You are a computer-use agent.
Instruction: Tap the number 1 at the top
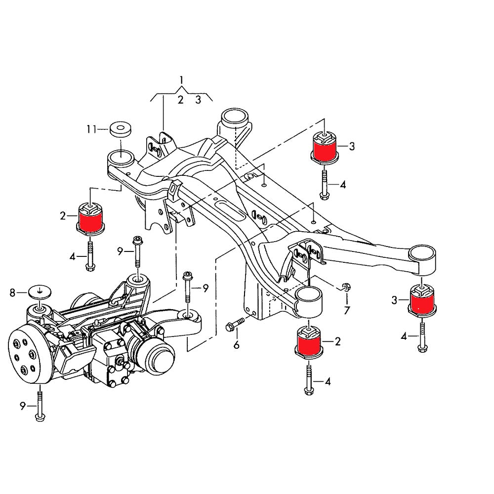tap(181, 80)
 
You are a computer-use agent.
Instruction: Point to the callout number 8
tap(13, 293)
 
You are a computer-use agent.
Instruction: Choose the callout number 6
tap(236, 345)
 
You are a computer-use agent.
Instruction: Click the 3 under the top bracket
tap(198, 100)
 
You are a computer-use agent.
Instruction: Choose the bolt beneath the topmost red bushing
tap(324, 183)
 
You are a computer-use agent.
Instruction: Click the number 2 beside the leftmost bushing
tap(63, 215)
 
